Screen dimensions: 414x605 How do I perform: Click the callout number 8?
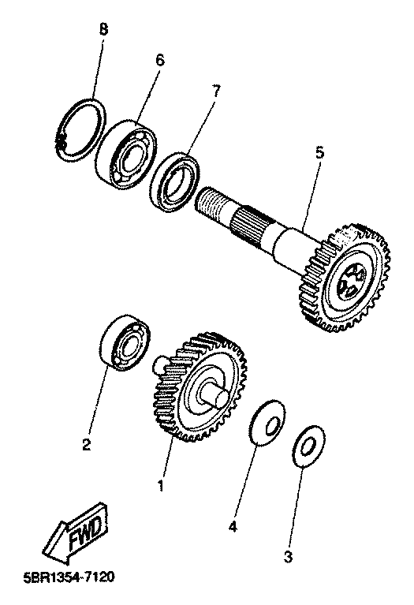pyautogui.click(x=103, y=30)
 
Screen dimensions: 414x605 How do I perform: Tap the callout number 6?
pyautogui.click(x=159, y=60)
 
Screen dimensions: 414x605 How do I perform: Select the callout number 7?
pyautogui.click(x=215, y=91)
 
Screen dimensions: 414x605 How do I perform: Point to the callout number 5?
pyautogui.click(x=319, y=153)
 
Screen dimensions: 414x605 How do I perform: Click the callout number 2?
pyautogui.click(x=87, y=445)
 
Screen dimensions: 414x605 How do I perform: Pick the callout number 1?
pyautogui.click(x=161, y=485)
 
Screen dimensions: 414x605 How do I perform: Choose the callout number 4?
pyautogui.click(x=233, y=526)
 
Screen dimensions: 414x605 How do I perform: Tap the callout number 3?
pyautogui.click(x=288, y=557)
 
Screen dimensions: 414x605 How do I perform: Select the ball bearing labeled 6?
pyautogui.click(x=126, y=155)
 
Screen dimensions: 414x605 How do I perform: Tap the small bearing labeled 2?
pyautogui.click(x=125, y=343)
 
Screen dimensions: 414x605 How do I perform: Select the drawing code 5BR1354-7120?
pyautogui.click(x=69, y=577)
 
